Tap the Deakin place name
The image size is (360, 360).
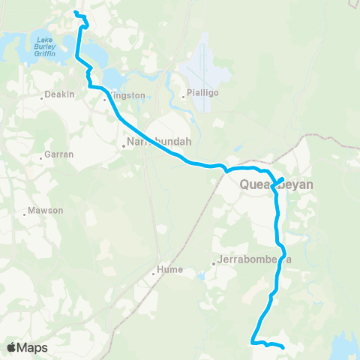[x=59, y=95]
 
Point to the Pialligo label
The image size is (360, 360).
[x=199, y=95]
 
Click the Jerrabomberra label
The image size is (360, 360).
[x=253, y=260]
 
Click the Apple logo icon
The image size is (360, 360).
[x=12, y=347]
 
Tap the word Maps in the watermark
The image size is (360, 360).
[x=33, y=347]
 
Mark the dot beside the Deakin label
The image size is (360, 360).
[x=41, y=97]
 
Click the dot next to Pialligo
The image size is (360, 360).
[x=182, y=95]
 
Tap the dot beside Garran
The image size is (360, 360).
[x=41, y=157]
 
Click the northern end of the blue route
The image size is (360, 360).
[x=75, y=13]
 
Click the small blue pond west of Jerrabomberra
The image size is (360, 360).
[x=200, y=275]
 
